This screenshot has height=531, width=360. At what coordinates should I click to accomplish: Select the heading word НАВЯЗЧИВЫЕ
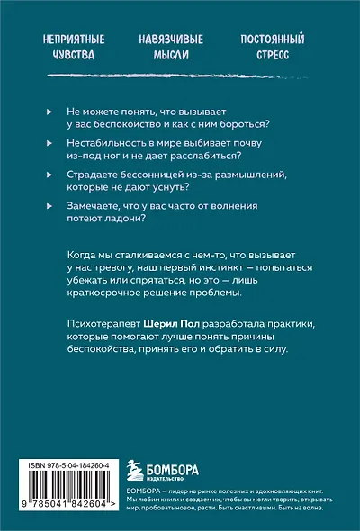(171, 40)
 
